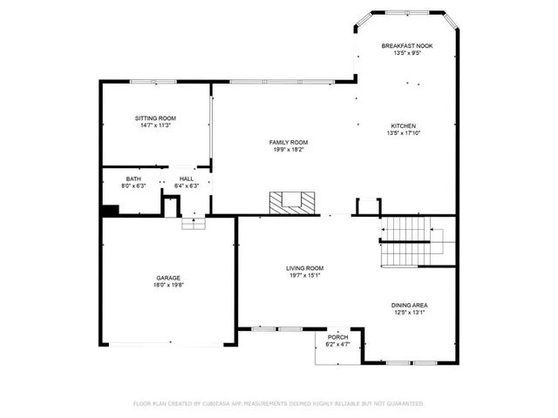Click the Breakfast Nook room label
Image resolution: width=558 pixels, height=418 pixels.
[x=407, y=45]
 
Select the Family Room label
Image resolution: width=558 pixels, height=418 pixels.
[x=288, y=142]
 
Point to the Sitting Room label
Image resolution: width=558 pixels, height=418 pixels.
[x=155, y=118]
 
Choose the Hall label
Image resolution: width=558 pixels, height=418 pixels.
[x=187, y=178]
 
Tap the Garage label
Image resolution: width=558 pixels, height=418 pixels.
[x=168, y=278]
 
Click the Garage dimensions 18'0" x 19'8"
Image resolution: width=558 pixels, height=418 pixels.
[x=168, y=286]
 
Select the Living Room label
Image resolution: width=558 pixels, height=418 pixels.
[x=305, y=268]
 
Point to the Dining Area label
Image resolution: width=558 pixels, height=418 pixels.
[x=408, y=305]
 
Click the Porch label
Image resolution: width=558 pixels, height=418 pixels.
[x=337, y=337]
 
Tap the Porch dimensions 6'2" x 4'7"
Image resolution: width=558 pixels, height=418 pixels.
[x=337, y=345]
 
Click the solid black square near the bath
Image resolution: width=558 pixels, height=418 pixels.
[x=110, y=210]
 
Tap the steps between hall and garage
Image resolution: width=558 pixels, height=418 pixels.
[x=193, y=224]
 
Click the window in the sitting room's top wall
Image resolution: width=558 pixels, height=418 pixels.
[x=153, y=82]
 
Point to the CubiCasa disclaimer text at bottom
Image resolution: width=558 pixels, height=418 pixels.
[x=278, y=403]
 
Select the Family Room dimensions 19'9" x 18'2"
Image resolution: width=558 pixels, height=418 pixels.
[x=288, y=150]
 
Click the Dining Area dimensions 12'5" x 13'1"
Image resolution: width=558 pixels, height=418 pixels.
[x=408, y=313]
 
